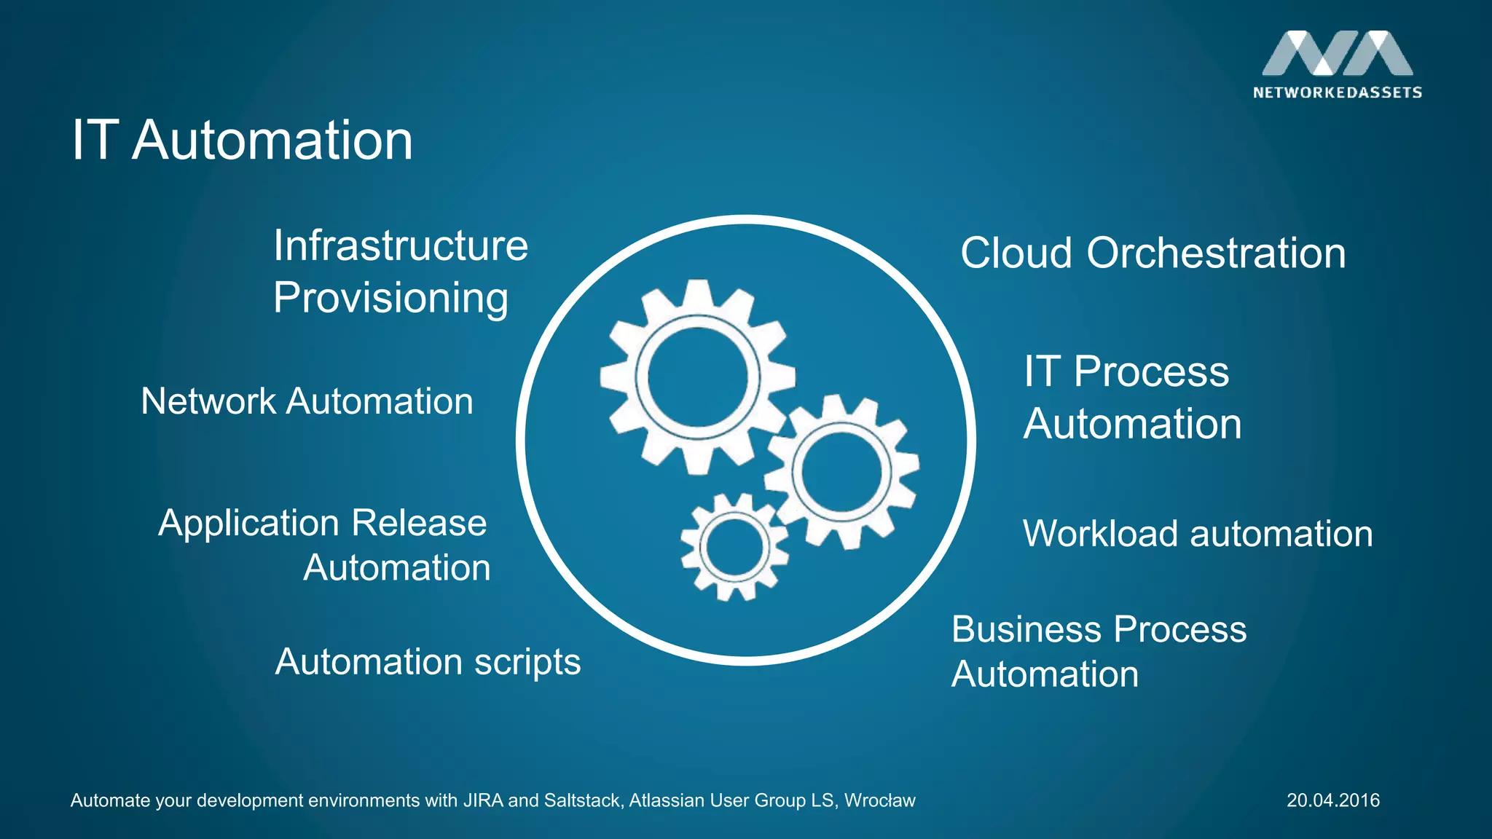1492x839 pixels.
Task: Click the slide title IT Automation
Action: (x=242, y=140)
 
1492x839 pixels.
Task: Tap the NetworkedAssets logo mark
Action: (x=1337, y=53)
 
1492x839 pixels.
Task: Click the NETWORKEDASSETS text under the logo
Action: (x=1337, y=92)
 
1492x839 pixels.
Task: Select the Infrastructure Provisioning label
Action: (x=400, y=272)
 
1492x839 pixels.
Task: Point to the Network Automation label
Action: (x=307, y=401)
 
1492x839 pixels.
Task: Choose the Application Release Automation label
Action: (x=324, y=545)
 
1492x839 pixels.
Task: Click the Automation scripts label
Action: (x=428, y=662)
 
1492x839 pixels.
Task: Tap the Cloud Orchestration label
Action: (x=1153, y=253)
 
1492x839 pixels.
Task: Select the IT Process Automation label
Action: (x=1132, y=398)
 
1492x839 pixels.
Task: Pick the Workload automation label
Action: (x=1198, y=534)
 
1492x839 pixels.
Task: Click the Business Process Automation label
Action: (x=1099, y=652)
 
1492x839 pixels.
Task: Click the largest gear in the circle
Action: (x=697, y=377)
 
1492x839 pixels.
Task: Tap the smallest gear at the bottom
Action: (x=734, y=547)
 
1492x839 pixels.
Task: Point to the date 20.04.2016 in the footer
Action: (x=1332, y=800)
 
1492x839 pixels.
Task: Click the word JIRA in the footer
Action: (x=482, y=800)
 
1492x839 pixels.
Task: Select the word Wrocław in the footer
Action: (x=879, y=800)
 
